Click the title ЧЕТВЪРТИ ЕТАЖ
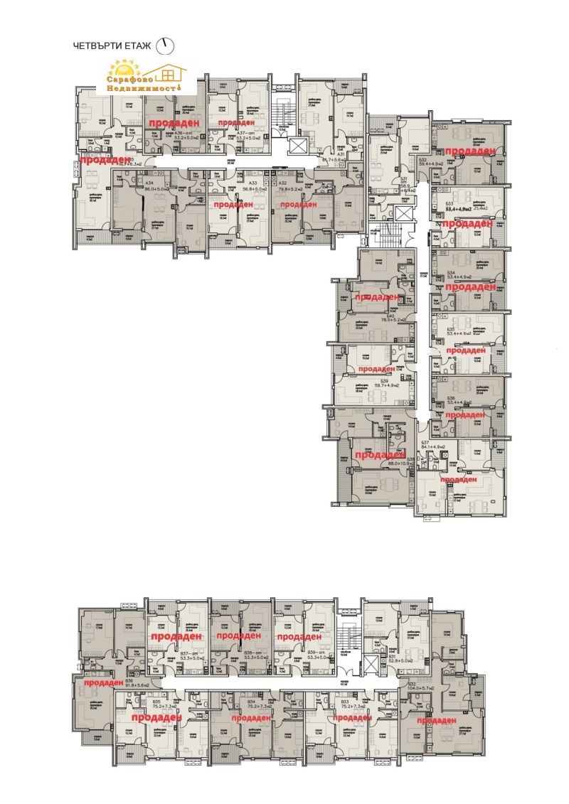(112, 45)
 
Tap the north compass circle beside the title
(166, 45)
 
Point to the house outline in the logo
(170, 72)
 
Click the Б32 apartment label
(422, 159)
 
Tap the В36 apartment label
(129, 680)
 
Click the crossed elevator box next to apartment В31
(371, 666)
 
